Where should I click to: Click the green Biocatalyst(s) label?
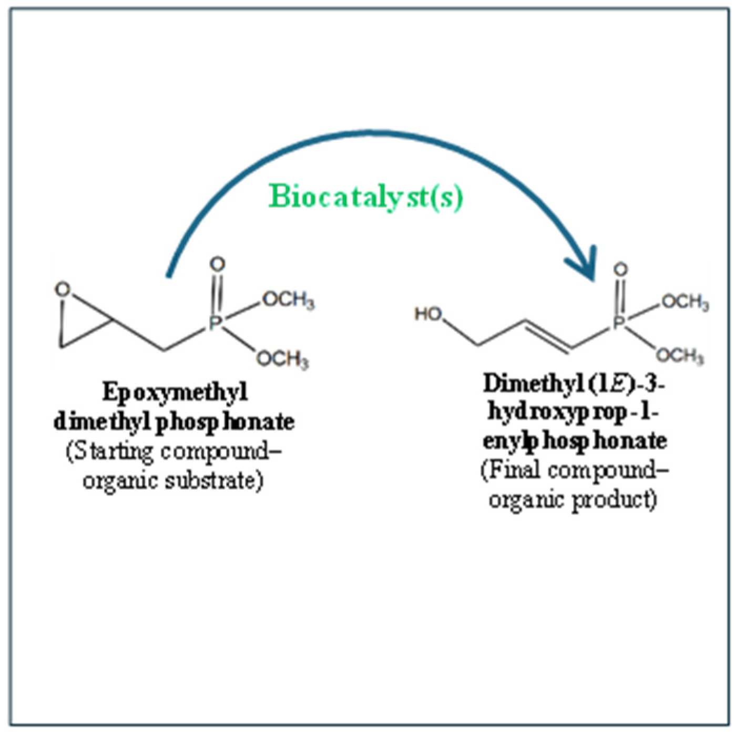point(366,198)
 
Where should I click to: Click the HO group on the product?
point(428,314)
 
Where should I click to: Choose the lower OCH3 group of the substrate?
point(282,359)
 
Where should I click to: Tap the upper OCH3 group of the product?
point(684,302)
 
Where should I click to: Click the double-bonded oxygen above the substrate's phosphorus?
point(217,264)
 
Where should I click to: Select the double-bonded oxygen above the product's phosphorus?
point(621,270)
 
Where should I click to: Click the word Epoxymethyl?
point(175,393)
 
